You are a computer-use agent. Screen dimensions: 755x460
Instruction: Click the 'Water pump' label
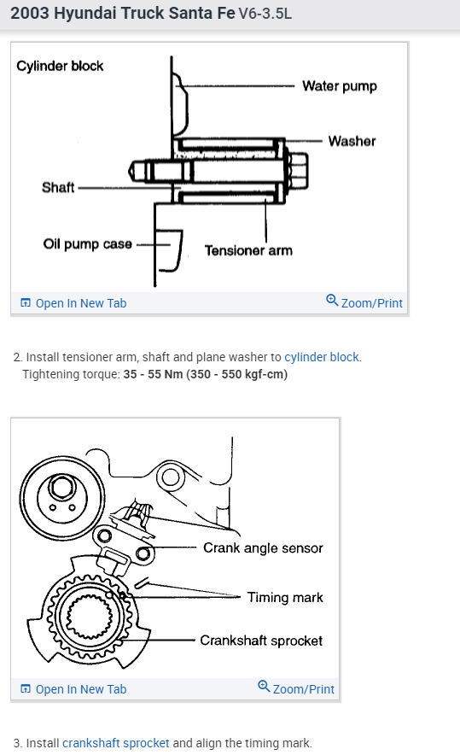coord(339,86)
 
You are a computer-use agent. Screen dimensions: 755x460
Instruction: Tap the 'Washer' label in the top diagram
coord(352,141)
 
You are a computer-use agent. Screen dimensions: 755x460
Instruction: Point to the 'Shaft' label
coord(58,188)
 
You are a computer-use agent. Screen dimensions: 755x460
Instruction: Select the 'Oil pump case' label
coord(87,244)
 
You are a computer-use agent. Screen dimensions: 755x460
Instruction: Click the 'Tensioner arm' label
coord(248,250)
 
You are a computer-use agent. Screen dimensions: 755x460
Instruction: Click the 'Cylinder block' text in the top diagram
coord(60,66)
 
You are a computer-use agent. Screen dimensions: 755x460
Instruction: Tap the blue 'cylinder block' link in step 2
coord(322,357)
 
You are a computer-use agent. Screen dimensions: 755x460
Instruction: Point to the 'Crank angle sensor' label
coord(263,548)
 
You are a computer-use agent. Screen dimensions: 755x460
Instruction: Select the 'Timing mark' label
coord(285,597)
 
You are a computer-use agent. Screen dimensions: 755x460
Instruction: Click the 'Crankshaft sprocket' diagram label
coord(261,641)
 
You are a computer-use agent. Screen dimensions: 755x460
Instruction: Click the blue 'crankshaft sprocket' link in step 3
coord(115,742)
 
